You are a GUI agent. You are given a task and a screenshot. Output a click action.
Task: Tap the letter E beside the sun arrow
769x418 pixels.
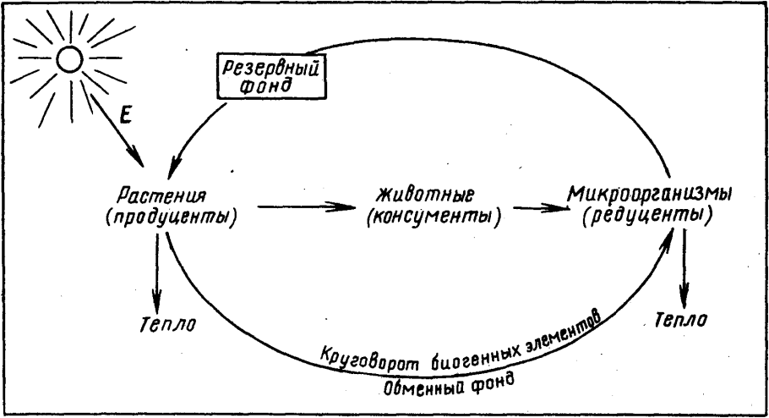[126, 116]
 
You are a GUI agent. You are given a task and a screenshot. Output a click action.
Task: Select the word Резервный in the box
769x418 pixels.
[270, 67]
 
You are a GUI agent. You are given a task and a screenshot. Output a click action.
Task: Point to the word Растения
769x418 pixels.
[161, 195]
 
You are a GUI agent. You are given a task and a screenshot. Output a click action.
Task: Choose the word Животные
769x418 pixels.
[425, 195]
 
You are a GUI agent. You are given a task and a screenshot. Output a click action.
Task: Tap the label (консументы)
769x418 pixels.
[434, 217]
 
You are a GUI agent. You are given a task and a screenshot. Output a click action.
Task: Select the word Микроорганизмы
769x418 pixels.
[649, 194]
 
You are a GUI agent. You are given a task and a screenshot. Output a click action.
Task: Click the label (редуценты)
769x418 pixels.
[647, 216]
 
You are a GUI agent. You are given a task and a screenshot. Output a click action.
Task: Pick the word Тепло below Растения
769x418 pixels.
[168, 324]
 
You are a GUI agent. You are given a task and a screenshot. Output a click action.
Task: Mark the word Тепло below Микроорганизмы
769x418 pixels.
[682, 320]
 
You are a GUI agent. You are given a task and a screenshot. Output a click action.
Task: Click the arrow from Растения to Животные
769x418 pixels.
[306, 206]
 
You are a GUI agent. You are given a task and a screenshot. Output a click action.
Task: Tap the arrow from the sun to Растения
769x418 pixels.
[117, 129]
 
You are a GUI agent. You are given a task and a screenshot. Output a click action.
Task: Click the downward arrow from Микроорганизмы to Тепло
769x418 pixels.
[684, 268]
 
